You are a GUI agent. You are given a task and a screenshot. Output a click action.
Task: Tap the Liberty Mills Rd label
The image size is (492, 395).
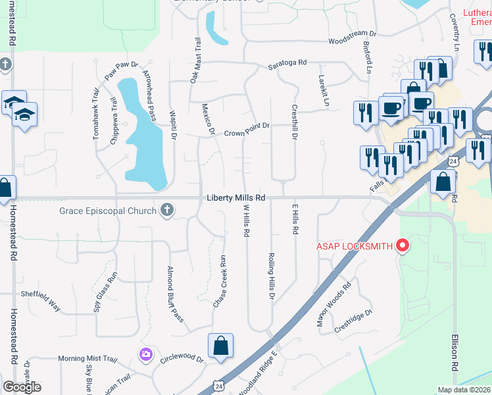236,197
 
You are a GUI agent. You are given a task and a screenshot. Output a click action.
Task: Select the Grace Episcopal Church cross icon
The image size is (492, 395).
167,210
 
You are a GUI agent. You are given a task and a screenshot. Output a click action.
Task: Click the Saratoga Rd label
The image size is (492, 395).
287,63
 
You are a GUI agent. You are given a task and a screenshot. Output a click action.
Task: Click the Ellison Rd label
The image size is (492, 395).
454,351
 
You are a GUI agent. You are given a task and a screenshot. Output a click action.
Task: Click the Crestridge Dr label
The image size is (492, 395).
353,322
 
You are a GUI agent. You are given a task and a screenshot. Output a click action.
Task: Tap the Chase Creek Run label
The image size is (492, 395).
220,282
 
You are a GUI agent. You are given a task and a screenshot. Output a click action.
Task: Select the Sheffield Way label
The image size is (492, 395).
41,300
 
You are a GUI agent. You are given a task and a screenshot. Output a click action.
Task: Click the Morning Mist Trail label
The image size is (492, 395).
87,359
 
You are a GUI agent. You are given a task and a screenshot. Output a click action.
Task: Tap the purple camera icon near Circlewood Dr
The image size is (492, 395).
145,354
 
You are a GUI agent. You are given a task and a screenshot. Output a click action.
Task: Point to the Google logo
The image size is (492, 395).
22,387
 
